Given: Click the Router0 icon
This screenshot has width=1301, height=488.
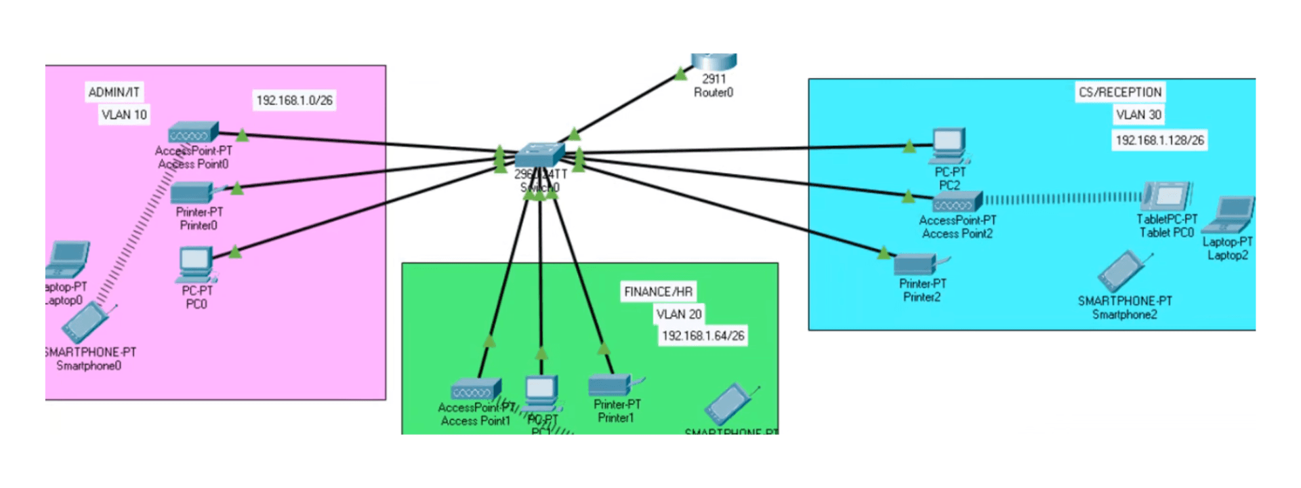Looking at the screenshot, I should [x=714, y=62].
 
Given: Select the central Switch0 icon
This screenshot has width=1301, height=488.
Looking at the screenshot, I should [x=539, y=155].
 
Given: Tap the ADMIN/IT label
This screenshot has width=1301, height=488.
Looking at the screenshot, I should [x=114, y=92].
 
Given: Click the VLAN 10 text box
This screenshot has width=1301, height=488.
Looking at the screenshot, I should [x=123, y=115].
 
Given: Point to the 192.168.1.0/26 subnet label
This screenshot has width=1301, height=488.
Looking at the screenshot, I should [x=294, y=100].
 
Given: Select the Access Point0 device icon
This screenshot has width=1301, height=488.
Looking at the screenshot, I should [x=193, y=132].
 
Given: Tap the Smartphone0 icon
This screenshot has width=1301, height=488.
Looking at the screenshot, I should [x=87, y=323].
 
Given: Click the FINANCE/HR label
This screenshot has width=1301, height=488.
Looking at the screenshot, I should [x=658, y=291].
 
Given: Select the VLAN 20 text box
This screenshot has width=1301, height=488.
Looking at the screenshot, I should [x=678, y=314].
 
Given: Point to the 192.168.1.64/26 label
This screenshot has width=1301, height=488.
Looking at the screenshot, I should [x=703, y=335].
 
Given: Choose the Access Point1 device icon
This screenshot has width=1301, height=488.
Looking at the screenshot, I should [x=476, y=390].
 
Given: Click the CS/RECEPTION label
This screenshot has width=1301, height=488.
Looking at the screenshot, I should [x=1119, y=92].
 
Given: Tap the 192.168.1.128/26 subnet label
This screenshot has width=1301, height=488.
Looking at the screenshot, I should [x=1159, y=140].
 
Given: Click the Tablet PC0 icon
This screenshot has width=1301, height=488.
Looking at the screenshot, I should [x=1166, y=196].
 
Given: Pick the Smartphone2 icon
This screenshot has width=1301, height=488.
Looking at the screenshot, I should [x=1122, y=272].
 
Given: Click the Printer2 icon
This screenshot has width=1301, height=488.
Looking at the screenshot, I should [x=917, y=264].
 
